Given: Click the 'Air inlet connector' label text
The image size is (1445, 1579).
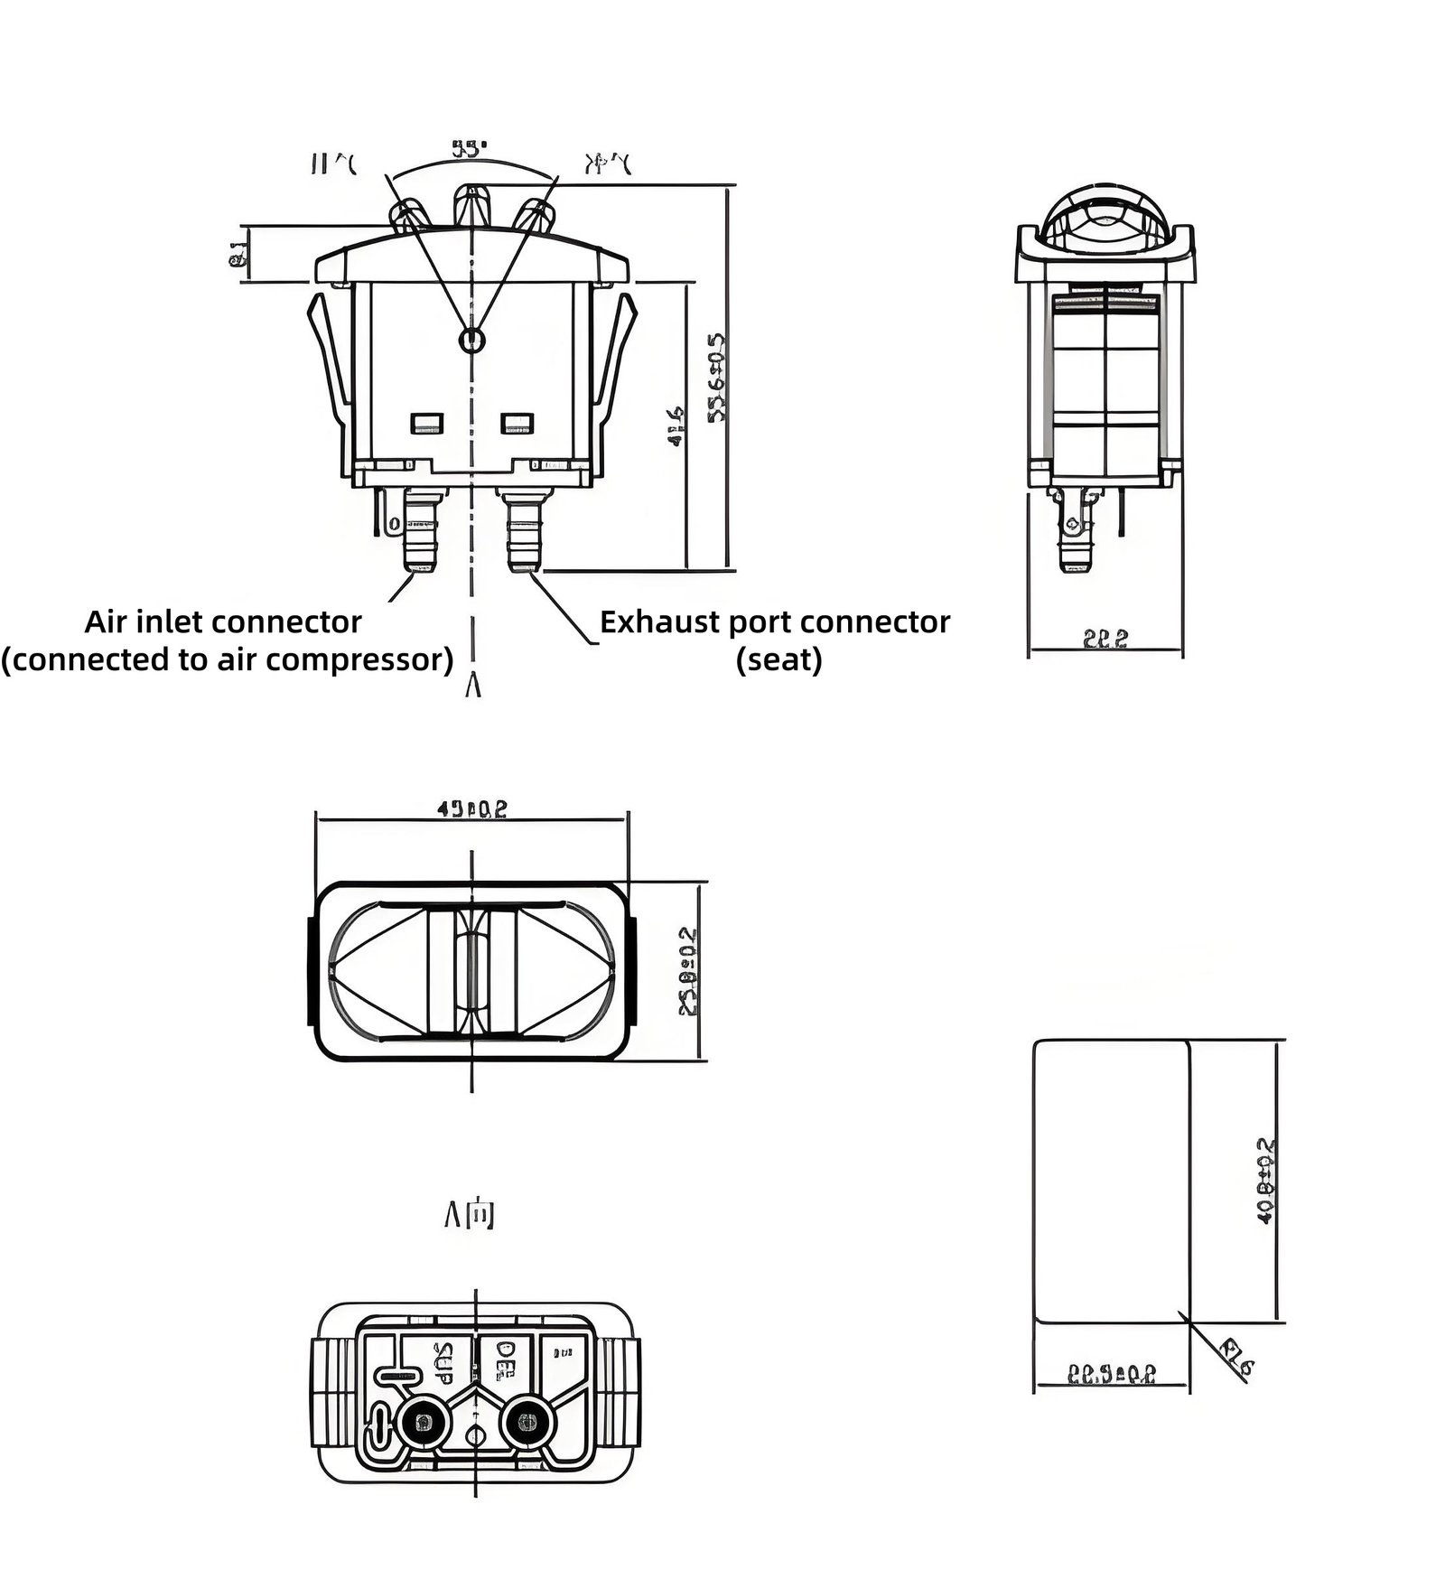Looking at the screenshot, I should [x=223, y=622].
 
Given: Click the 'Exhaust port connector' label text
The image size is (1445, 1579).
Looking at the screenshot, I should [x=775, y=622].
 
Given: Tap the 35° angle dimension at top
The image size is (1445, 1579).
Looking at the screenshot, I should [x=470, y=148].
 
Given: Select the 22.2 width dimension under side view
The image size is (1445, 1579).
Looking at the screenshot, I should [x=1105, y=639].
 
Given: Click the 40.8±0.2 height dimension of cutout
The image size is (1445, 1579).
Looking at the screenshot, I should [x=1267, y=1180].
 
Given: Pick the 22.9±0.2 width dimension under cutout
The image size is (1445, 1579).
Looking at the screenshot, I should [x=1112, y=1375].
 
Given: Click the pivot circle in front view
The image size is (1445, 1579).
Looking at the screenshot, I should [x=471, y=340].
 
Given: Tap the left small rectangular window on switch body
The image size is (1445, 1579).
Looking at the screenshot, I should [x=426, y=423].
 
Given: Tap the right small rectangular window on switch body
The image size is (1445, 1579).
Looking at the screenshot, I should [x=517, y=423].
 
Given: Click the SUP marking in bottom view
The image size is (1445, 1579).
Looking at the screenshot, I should [x=443, y=1363].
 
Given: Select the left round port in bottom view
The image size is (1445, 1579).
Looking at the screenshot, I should [x=421, y=1425].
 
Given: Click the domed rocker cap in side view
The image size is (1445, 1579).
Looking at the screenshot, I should [x=1104, y=214].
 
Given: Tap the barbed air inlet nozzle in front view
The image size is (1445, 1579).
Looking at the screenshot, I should [x=421, y=537].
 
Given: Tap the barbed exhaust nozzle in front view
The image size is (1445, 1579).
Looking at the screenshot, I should [x=523, y=537].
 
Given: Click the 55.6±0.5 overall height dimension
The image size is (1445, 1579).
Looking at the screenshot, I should [x=716, y=377].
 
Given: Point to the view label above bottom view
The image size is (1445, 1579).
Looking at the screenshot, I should [x=470, y=1216].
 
